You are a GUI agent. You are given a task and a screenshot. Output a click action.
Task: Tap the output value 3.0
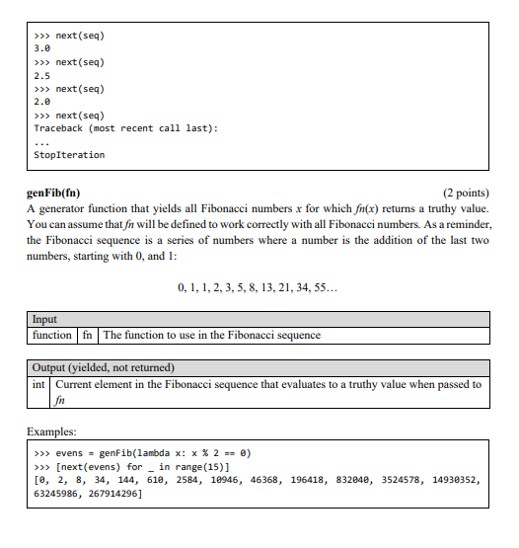point(41,48)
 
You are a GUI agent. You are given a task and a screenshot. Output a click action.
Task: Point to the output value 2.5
point(41,75)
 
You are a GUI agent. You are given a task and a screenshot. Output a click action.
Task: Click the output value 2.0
point(41,102)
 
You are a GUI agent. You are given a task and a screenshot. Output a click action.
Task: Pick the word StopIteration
point(69,155)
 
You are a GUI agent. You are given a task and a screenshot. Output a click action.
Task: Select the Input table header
point(44,320)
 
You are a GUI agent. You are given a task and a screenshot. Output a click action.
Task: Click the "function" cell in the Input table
point(52,335)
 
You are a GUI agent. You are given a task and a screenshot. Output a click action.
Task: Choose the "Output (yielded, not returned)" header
point(104,368)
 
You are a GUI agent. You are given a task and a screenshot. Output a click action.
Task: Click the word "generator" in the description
point(61,209)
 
